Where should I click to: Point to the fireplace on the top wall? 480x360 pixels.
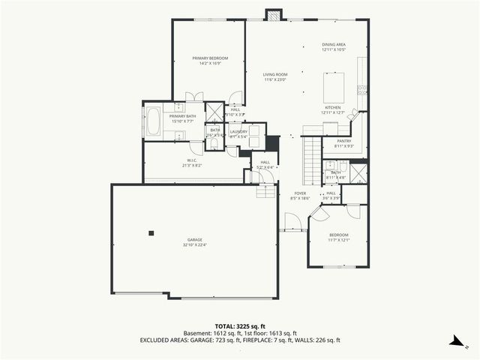pos(274,15)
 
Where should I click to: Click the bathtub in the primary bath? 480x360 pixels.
pos(151,121)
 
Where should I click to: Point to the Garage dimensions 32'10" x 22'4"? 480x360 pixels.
pos(194,243)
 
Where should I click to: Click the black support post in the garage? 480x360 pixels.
pos(151,232)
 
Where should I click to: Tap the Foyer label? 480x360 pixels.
pos(300,196)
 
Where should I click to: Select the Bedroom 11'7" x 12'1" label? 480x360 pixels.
pos(338,238)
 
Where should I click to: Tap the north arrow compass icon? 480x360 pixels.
pos(454,340)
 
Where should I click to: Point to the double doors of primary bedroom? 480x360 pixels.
pos(194,96)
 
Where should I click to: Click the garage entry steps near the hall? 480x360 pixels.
pos(265,192)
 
